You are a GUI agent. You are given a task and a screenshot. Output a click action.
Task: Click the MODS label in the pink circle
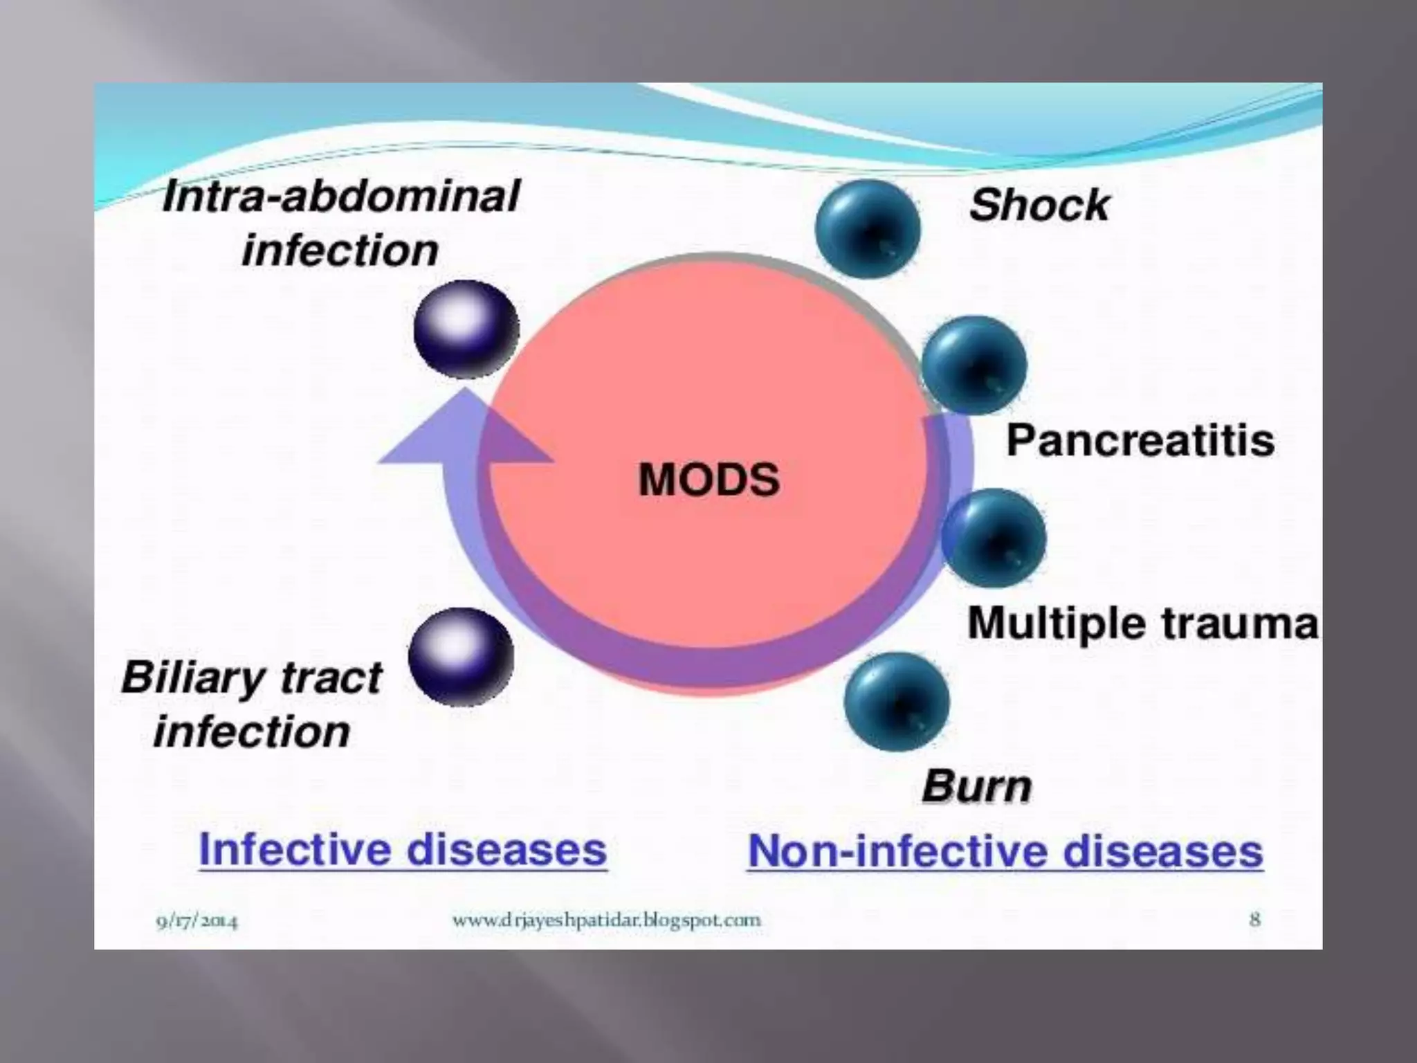pyautogui.click(x=708, y=479)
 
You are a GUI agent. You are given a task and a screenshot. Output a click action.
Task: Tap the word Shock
pyautogui.click(x=1039, y=206)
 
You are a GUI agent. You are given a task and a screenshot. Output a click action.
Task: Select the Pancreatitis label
pyautogui.click(x=1140, y=440)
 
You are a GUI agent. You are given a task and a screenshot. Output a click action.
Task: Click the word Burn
pyautogui.click(x=976, y=787)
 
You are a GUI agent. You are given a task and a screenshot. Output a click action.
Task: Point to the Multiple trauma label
pyautogui.click(x=1142, y=623)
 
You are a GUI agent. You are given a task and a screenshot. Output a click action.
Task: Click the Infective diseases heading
pyautogui.click(x=403, y=849)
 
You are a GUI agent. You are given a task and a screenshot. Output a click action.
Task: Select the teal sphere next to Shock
pyautogui.click(x=868, y=228)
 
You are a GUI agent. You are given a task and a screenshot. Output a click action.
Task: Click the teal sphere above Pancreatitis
pyautogui.click(x=974, y=365)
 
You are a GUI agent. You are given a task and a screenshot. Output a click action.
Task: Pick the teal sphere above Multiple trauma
pyautogui.click(x=994, y=538)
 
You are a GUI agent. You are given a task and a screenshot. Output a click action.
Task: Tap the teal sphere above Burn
pyautogui.click(x=897, y=702)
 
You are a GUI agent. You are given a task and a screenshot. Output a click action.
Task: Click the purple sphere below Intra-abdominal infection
pyautogui.click(x=466, y=329)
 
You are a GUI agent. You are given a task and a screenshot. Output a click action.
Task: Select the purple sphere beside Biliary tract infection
pyautogui.click(x=461, y=656)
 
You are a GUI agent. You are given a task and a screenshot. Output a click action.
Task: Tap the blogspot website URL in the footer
pyautogui.click(x=606, y=920)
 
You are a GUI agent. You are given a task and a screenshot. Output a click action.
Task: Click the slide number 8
pyautogui.click(x=1254, y=920)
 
